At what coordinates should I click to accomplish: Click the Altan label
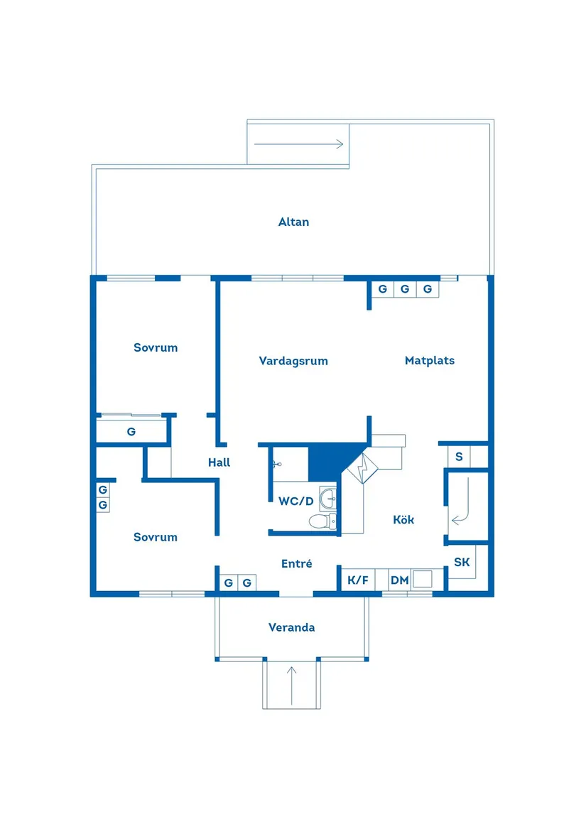[293, 222]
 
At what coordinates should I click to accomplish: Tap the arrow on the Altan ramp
[298, 144]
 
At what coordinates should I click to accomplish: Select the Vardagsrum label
[293, 361]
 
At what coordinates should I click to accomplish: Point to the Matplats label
[429, 360]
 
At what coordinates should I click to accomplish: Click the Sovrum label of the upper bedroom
[156, 347]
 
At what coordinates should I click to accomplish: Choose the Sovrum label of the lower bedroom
[156, 537]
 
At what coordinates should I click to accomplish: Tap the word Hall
[219, 462]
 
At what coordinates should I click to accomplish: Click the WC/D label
[295, 501]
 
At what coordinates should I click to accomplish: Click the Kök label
[403, 519]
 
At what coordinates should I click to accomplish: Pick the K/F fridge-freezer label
[358, 580]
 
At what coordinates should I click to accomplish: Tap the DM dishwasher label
[399, 580]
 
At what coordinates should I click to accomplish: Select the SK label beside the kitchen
[462, 563]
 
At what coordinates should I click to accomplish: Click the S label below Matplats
[459, 457]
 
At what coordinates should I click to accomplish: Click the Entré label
[297, 563]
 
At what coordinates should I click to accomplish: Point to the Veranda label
[291, 627]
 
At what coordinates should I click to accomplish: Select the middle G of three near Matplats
[405, 289]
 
